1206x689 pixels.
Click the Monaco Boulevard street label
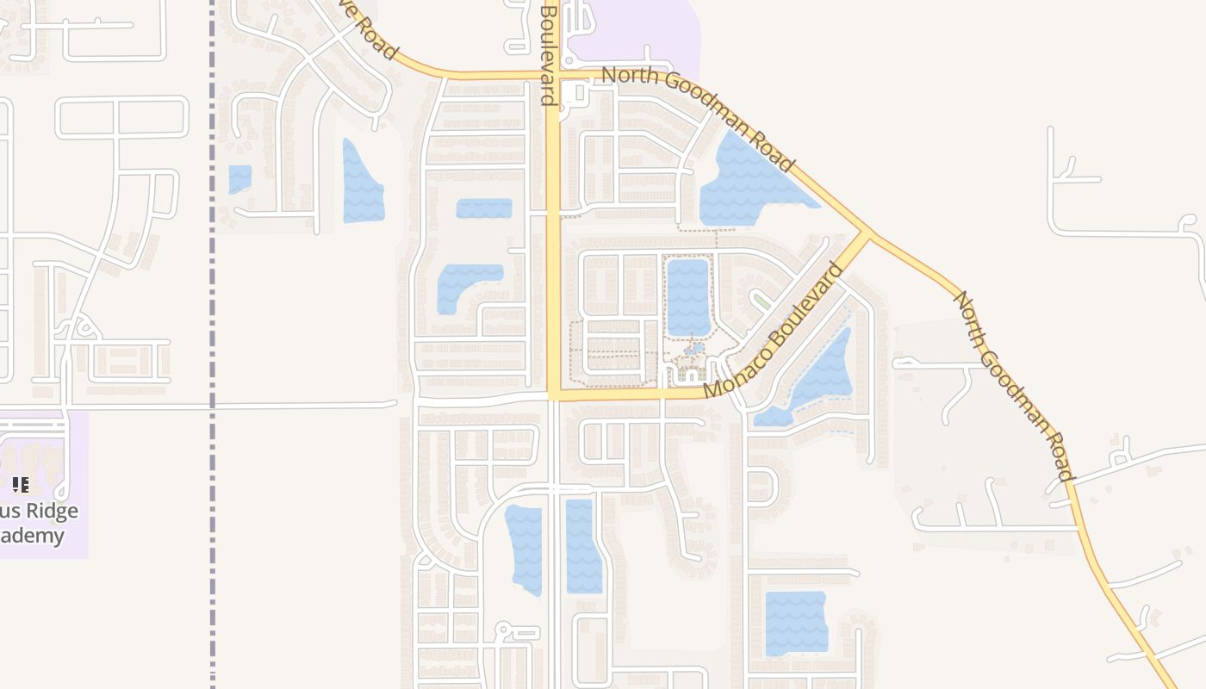click(x=774, y=332)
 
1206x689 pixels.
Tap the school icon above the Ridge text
click(x=21, y=485)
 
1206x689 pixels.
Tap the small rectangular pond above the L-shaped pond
click(x=484, y=208)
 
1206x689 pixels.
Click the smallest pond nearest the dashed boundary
click(x=240, y=178)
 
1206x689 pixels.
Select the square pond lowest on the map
click(x=796, y=623)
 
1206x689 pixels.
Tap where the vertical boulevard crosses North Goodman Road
click(x=553, y=76)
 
